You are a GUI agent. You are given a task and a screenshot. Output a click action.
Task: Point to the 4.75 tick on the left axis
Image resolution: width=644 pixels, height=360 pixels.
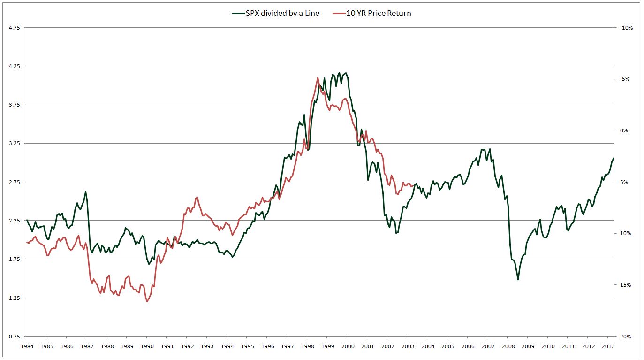coord(14,28)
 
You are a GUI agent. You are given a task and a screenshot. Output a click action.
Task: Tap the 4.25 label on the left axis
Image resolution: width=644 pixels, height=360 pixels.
coord(14,66)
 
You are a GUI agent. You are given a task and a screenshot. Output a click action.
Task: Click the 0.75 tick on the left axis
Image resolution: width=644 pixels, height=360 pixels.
coord(14,337)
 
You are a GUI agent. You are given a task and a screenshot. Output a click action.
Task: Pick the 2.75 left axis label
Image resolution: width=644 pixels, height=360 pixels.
coord(14,182)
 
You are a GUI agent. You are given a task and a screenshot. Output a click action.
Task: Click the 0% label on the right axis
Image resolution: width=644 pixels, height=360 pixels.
coord(624,130)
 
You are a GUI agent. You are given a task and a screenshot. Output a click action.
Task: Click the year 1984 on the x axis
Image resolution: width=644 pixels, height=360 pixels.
coord(26,346)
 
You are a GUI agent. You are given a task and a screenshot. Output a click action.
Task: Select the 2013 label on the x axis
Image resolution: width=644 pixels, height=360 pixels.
coord(608,346)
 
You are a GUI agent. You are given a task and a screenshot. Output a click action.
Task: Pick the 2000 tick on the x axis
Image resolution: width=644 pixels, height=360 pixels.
coord(347,346)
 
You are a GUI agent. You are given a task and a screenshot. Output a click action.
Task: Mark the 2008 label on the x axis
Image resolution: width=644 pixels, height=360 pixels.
coord(508,346)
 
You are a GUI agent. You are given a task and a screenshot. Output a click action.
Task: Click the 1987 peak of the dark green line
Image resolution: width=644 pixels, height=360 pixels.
coord(86,191)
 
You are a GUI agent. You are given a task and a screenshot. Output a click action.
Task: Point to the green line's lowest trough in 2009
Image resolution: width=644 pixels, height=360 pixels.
coord(518,280)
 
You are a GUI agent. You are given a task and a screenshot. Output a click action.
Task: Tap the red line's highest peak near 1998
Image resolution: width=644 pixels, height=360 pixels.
coord(318,78)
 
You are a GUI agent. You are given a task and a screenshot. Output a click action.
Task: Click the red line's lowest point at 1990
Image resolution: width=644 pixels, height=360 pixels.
coord(147,302)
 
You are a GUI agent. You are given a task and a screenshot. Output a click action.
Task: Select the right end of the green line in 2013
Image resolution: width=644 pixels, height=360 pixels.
coord(614,158)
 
